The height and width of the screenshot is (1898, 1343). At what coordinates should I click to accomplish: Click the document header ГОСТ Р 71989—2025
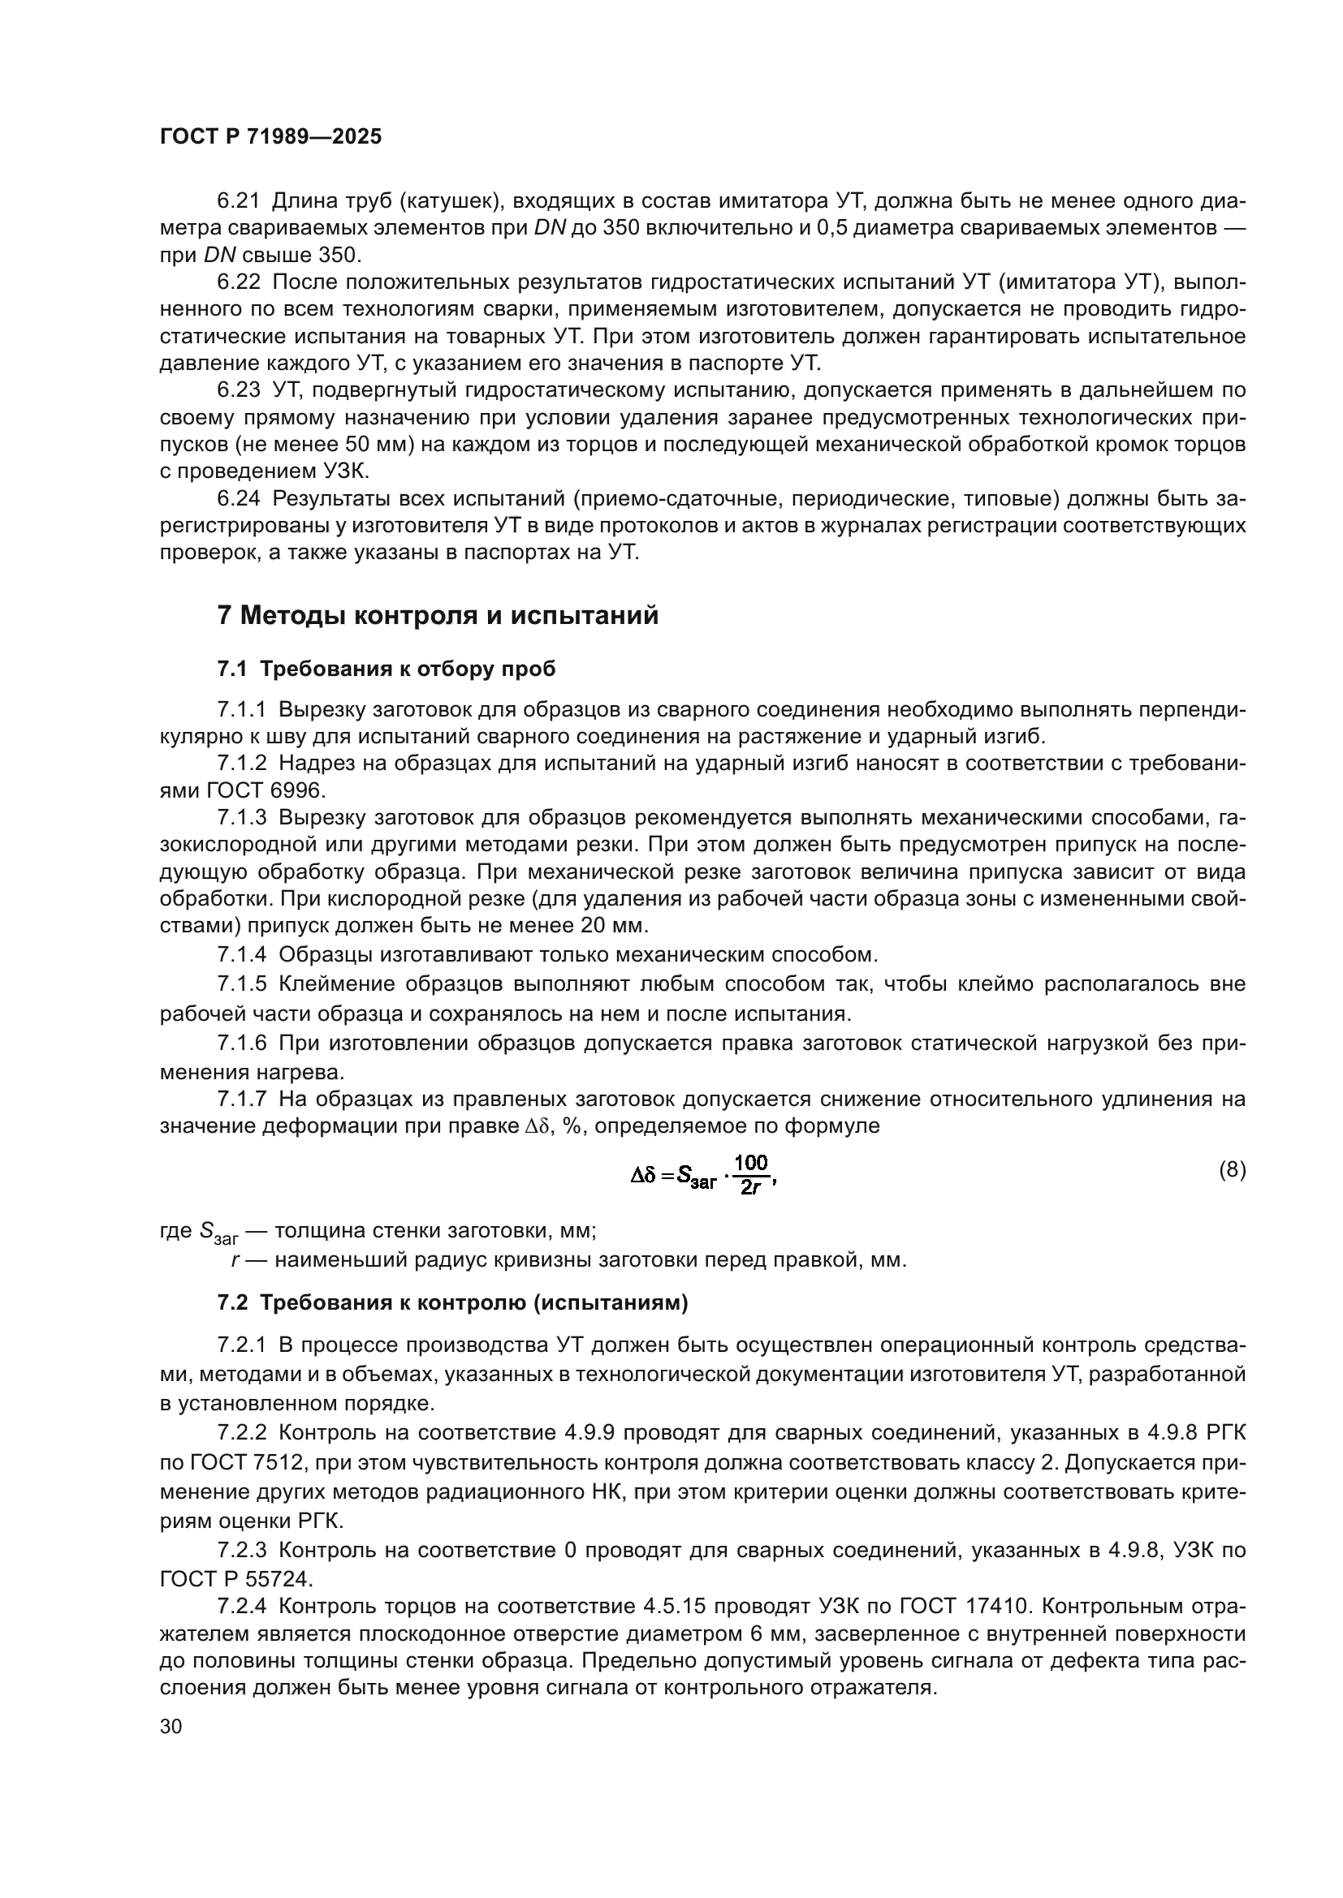coord(270,137)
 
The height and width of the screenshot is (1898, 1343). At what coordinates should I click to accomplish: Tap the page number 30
coord(171,1726)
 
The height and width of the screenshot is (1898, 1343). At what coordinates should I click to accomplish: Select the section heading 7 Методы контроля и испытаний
coord(437,616)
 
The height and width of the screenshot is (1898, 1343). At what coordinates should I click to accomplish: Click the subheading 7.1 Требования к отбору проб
coord(386,669)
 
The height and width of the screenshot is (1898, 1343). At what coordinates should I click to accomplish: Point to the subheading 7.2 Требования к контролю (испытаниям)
coord(452,1303)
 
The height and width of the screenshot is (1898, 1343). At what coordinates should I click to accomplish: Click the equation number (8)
coord(1233,1170)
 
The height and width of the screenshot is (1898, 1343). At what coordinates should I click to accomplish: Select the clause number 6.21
coord(239,201)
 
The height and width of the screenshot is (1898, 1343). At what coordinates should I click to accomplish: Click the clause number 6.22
coord(239,282)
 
